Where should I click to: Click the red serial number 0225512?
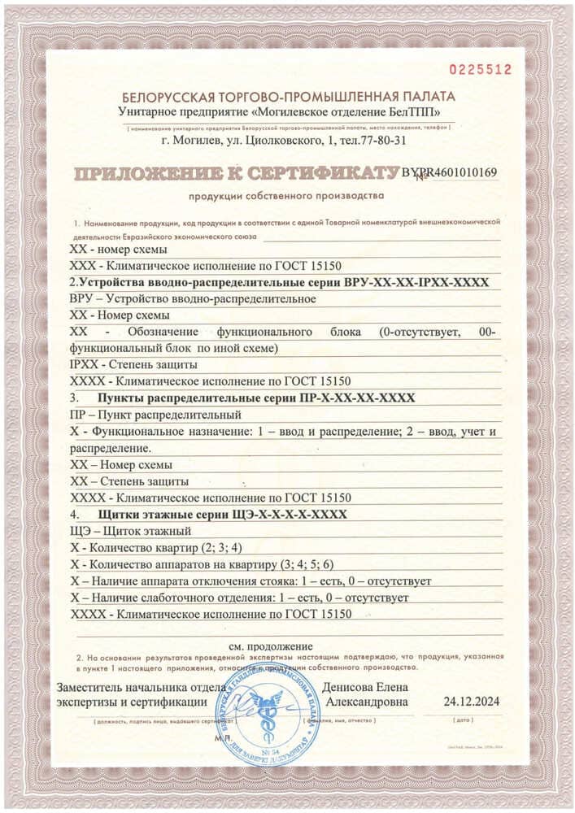point(486,70)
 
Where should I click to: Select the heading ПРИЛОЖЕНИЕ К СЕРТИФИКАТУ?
point(236,173)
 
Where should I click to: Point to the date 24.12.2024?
point(472,700)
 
